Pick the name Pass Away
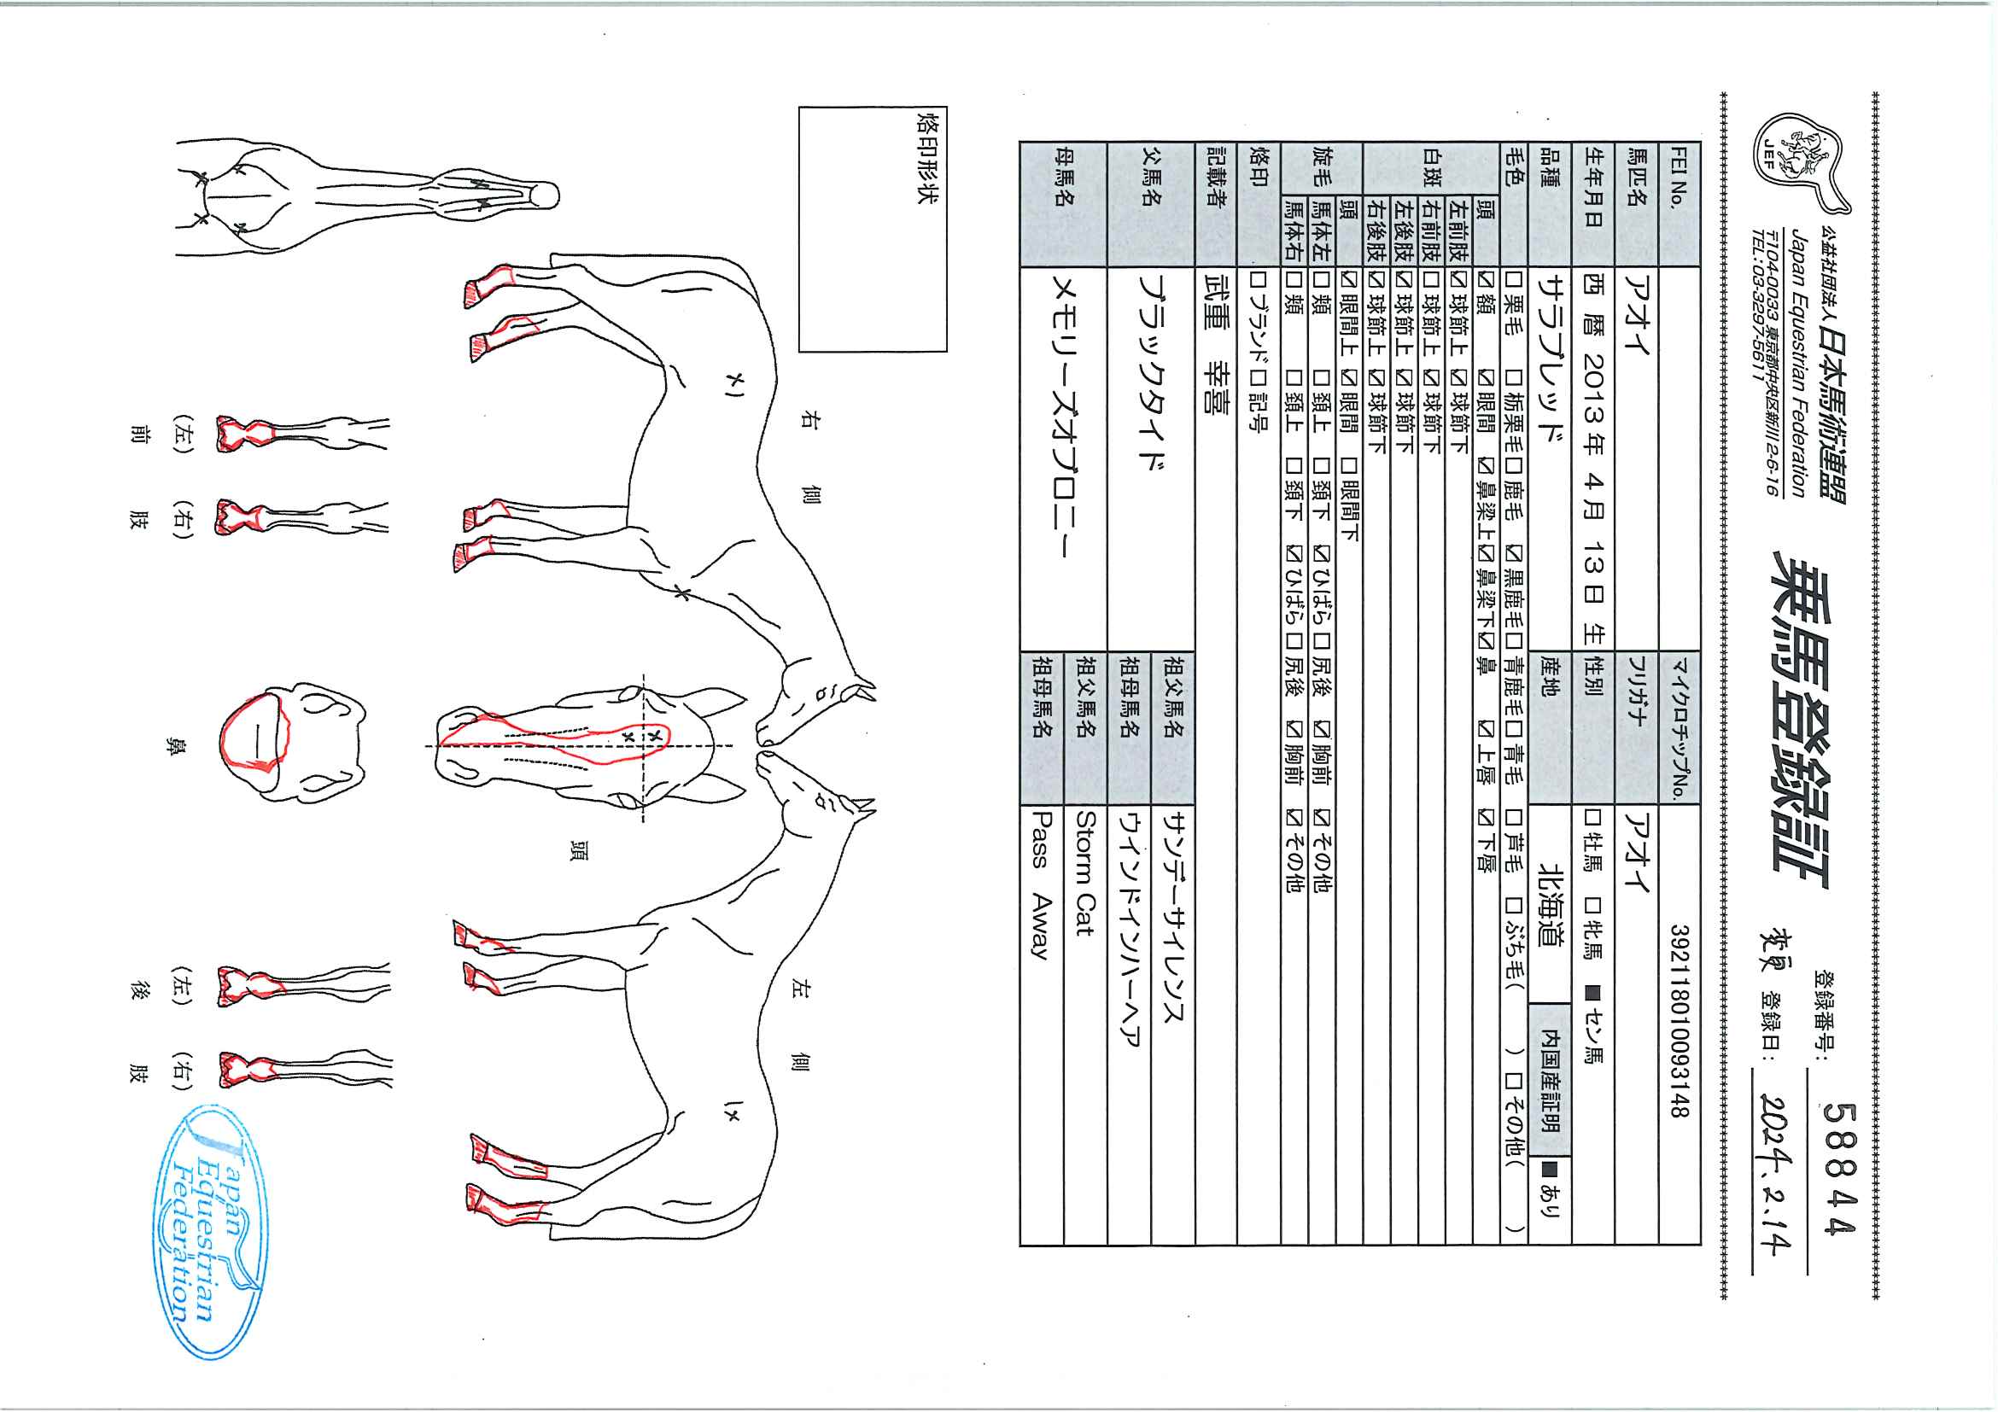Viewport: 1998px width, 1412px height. pos(1041,884)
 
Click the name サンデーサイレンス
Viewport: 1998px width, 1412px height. pos(1172,918)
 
